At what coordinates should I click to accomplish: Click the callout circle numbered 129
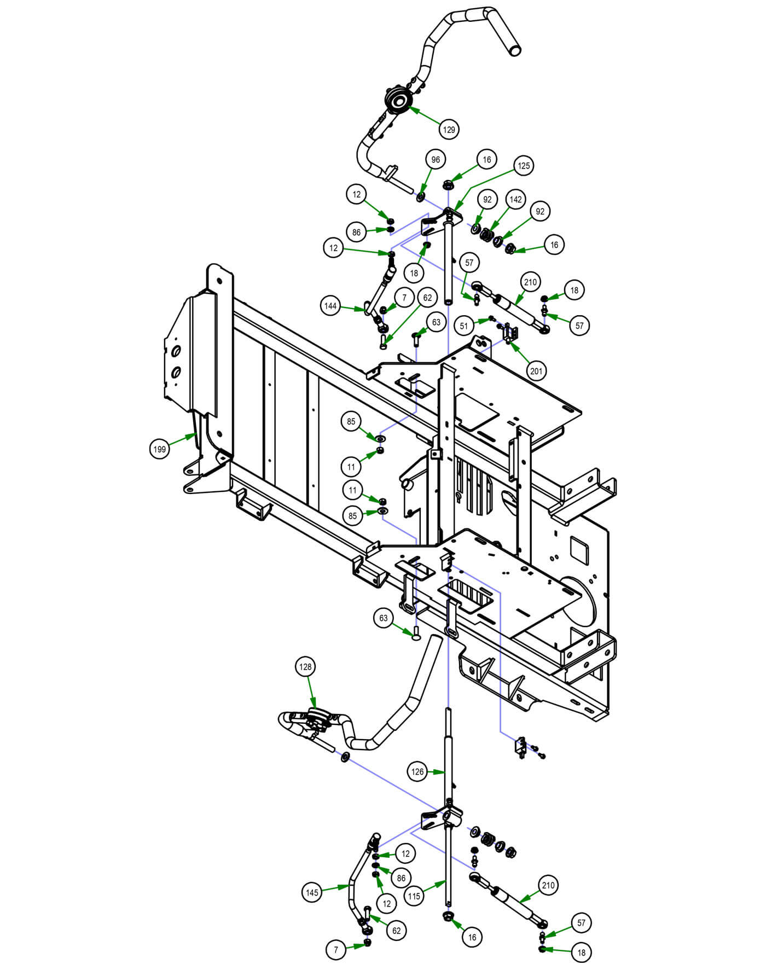pyautogui.click(x=449, y=130)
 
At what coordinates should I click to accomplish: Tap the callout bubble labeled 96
pyautogui.click(x=436, y=160)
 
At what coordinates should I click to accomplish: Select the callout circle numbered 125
pyautogui.click(x=524, y=165)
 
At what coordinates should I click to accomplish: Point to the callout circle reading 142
pyautogui.click(x=515, y=200)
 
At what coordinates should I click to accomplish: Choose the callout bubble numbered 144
pyautogui.click(x=330, y=306)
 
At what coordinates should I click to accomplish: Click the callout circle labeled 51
pyautogui.click(x=465, y=326)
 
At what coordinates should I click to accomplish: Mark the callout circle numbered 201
pyautogui.click(x=536, y=371)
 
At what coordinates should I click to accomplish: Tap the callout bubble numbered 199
pyautogui.click(x=159, y=449)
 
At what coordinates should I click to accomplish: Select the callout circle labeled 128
pyautogui.click(x=305, y=666)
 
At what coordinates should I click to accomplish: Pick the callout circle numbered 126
pyautogui.click(x=417, y=771)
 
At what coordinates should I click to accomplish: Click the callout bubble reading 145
pyautogui.click(x=312, y=892)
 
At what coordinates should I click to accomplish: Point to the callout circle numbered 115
pyautogui.click(x=414, y=896)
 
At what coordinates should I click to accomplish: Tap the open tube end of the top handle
pyautogui.click(x=514, y=50)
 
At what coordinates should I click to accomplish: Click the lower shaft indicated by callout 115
pyautogui.click(x=449, y=875)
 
